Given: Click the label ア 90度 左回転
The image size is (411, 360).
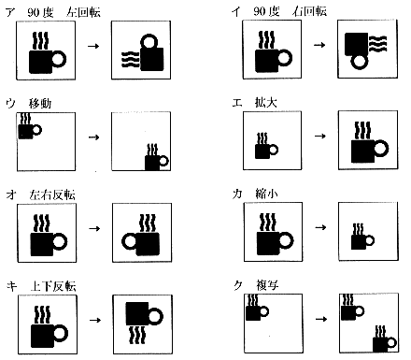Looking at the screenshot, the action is (x=53, y=12).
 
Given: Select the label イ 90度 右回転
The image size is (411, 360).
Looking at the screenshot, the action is (x=279, y=11).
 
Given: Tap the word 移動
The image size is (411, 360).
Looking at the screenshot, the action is (x=40, y=103).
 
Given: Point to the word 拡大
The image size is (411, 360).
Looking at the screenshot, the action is (x=265, y=102).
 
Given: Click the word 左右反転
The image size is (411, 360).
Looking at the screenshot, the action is (x=52, y=194).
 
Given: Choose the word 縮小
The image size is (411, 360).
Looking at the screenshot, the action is (x=266, y=194).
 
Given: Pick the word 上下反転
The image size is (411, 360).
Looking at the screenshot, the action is (x=53, y=286).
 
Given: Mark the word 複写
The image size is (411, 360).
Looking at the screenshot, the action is (x=267, y=285).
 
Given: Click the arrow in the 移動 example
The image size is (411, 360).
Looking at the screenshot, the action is (x=93, y=137).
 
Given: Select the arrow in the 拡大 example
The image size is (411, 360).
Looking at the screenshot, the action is (x=320, y=136).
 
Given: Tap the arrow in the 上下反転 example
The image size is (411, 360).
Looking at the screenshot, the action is (x=95, y=320).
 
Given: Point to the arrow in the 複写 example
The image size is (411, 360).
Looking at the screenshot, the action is (x=321, y=319).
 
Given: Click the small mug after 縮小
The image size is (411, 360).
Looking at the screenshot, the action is (x=362, y=237).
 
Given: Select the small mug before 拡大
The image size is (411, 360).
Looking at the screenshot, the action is (x=266, y=146).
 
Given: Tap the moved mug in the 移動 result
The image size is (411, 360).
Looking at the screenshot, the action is (x=157, y=157).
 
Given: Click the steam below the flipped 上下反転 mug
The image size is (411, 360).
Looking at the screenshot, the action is (x=137, y=335).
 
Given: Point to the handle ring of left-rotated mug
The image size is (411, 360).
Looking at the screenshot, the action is (x=149, y=41).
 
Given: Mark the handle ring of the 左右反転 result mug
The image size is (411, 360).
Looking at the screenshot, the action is (x=129, y=241).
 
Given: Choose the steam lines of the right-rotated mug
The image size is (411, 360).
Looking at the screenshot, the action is (x=377, y=44).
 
